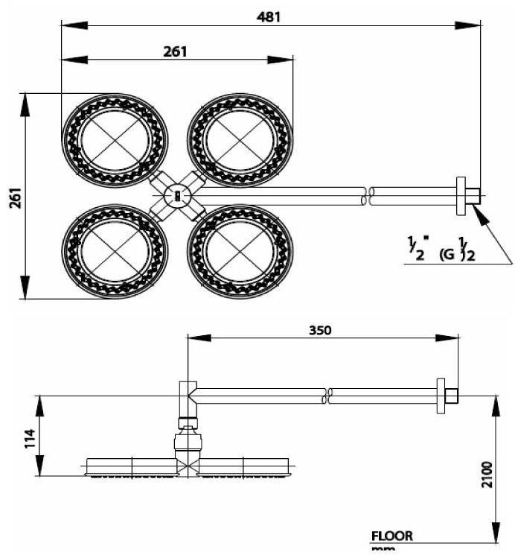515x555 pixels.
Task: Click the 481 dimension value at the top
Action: tap(269, 16)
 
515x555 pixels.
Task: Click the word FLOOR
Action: tap(391, 536)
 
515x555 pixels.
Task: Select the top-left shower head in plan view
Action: tap(115, 141)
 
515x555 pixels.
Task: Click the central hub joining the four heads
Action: tap(177, 196)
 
